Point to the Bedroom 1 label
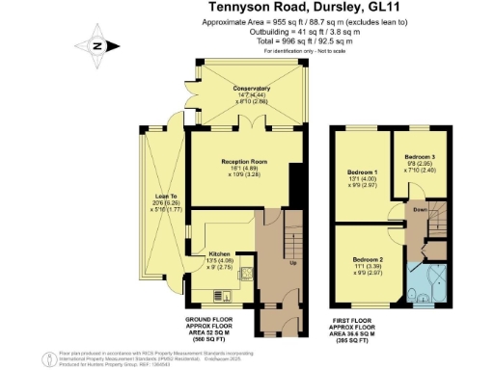click(x=364, y=172)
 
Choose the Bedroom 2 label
click(x=369, y=260)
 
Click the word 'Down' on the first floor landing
click(x=420, y=209)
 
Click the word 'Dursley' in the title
click(x=326, y=8)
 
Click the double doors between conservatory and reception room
click(x=252, y=126)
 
